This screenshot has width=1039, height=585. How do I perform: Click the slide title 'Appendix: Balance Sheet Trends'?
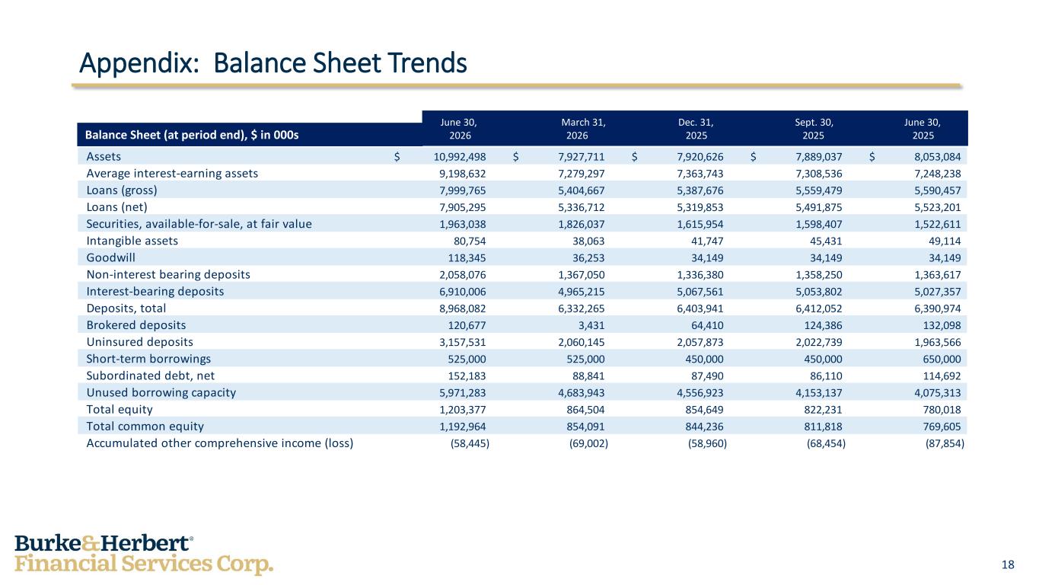coord(272,63)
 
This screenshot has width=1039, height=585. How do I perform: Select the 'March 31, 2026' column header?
coord(583,129)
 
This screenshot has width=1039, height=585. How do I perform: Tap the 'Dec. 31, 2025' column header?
coord(696,129)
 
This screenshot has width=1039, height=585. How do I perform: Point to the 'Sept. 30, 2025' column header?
coord(814,129)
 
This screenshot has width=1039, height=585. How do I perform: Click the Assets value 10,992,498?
coord(460,157)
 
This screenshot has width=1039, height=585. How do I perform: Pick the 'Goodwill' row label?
coord(111,257)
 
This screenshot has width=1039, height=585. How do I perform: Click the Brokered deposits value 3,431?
coord(591,325)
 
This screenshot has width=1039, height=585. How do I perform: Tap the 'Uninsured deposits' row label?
coord(139,342)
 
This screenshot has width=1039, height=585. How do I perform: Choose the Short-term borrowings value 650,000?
coord(942,359)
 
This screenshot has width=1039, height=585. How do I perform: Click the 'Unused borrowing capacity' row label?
coord(161,393)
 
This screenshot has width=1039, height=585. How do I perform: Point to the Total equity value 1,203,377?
coord(463,410)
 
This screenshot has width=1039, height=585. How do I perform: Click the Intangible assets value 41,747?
coord(707,241)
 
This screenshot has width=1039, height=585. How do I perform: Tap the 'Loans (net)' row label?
coord(117,207)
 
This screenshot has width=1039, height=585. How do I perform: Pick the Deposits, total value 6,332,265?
coord(582,308)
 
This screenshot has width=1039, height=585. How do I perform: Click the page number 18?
coord(1008,564)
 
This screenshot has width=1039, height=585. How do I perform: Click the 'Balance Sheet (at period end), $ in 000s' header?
coord(192,135)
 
